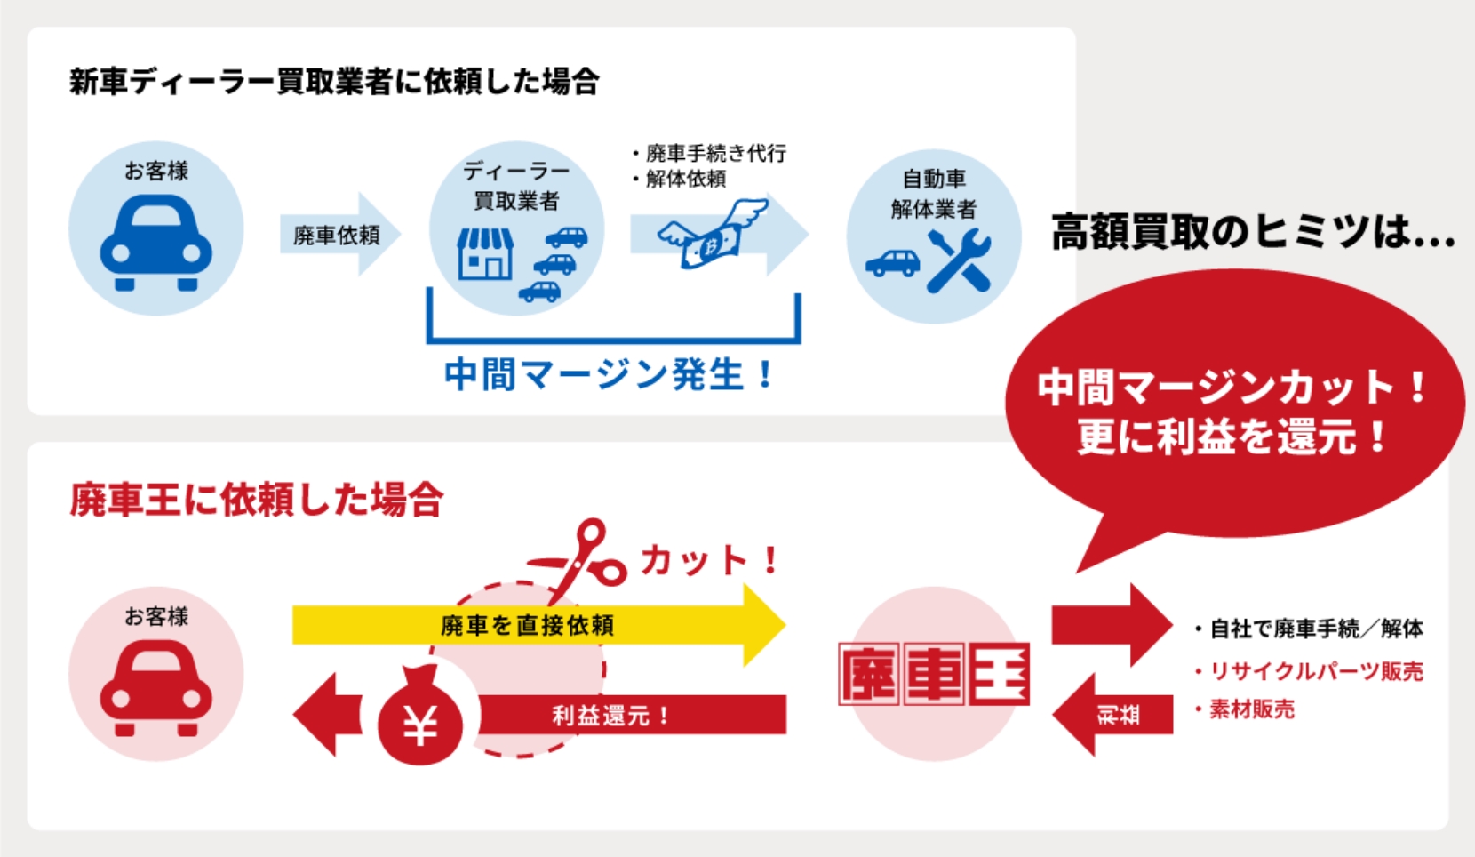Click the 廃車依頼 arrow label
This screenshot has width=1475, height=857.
(x=337, y=236)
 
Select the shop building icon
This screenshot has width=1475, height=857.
(x=484, y=253)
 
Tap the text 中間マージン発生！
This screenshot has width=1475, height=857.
(x=610, y=374)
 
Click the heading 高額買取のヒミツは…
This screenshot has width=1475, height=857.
(x=1253, y=233)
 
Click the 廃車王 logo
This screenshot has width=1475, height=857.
(x=933, y=674)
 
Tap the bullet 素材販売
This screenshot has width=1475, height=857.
(x=1251, y=709)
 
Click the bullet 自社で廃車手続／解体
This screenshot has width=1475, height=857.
(x=1315, y=629)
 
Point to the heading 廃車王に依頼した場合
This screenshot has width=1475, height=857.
(x=256, y=500)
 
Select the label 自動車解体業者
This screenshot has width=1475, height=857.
(x=933, y=194)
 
